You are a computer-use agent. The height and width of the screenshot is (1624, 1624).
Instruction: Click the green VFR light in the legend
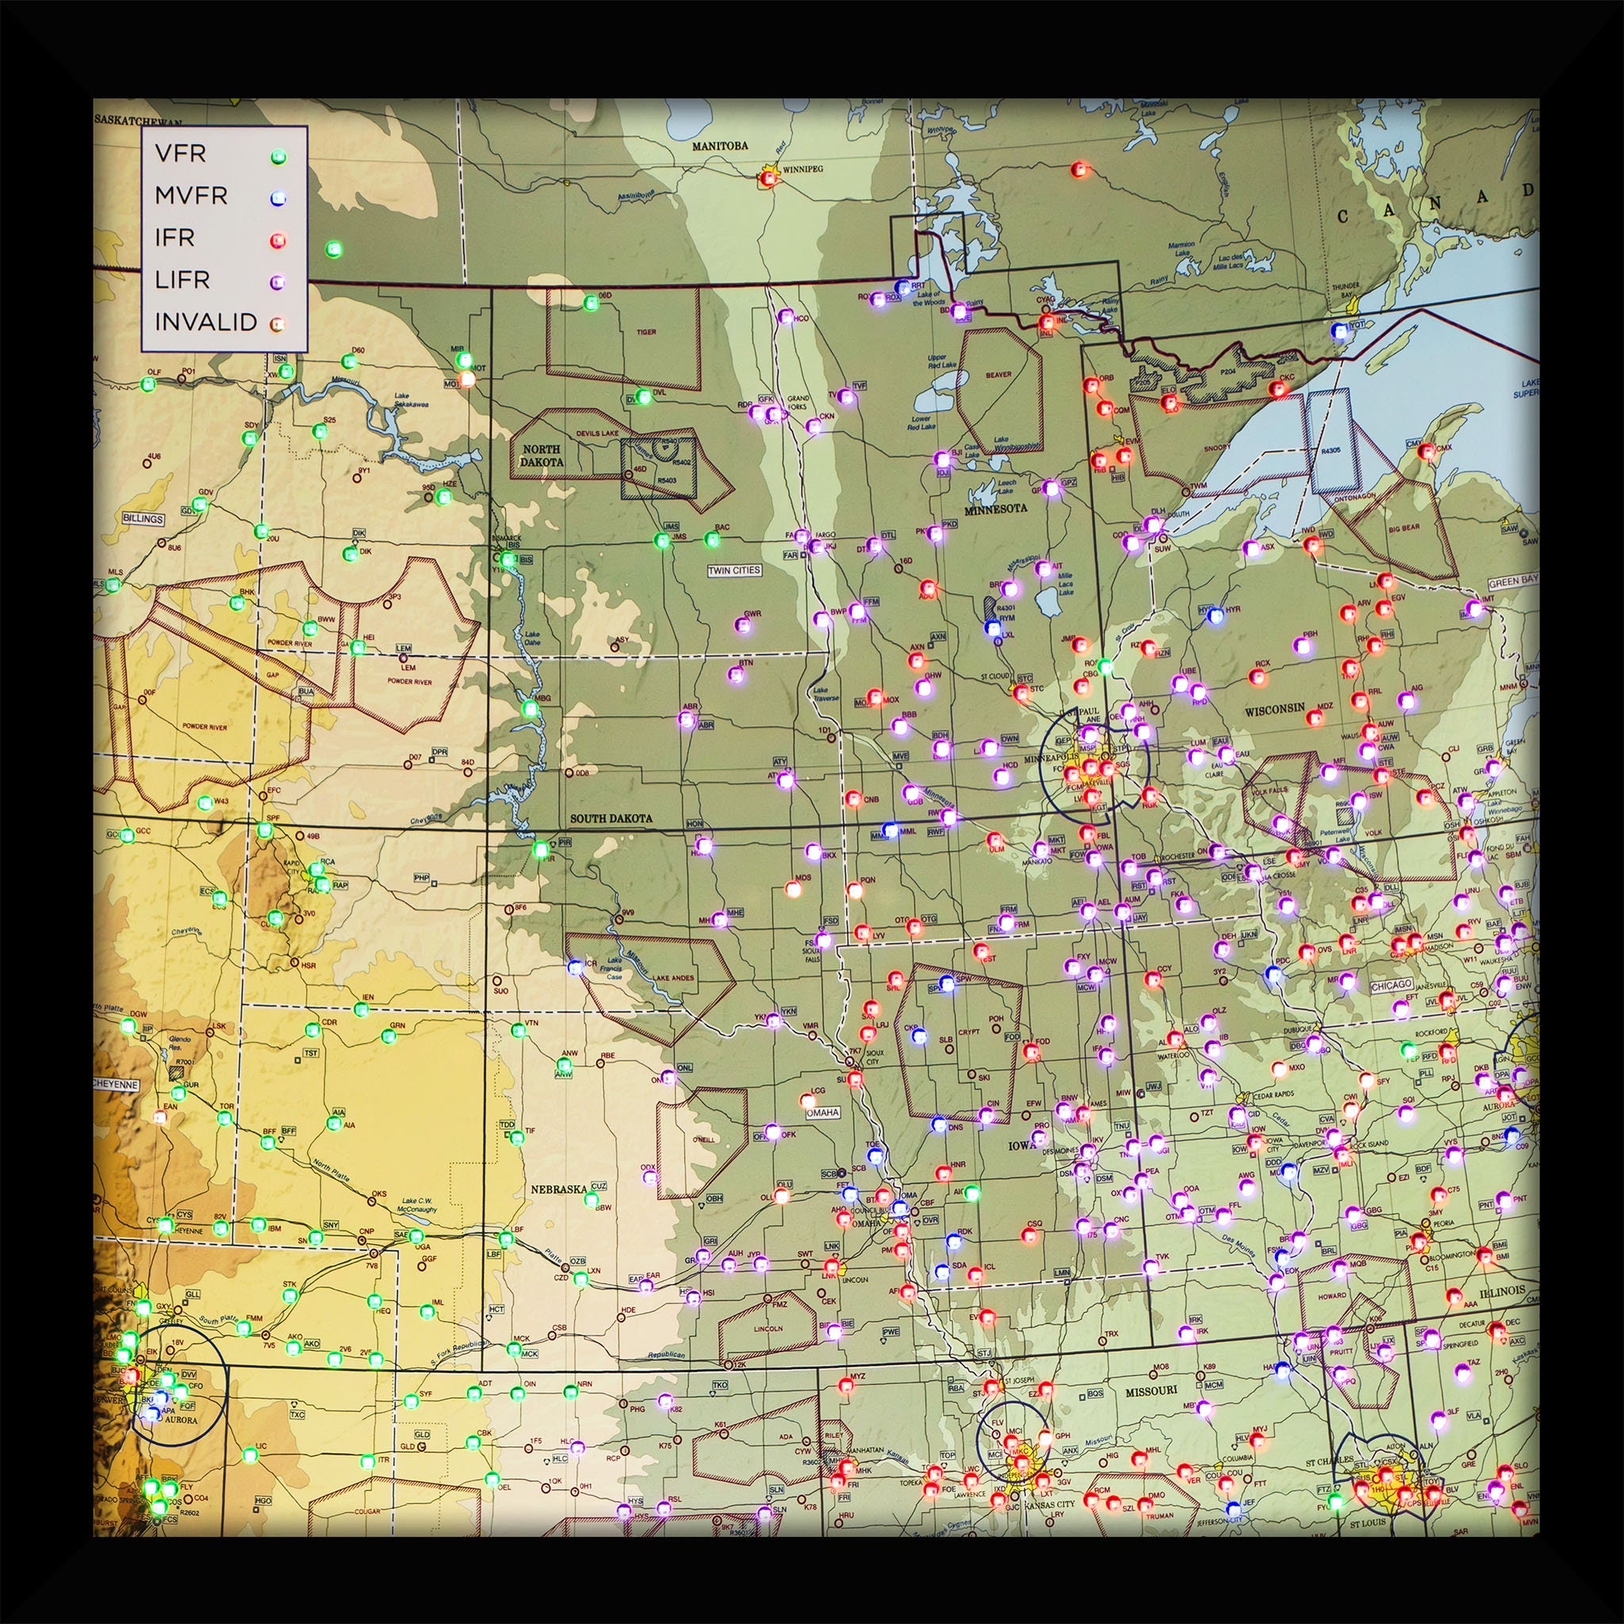click(x=278, y=157)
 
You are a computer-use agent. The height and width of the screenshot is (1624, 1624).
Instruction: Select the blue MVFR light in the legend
click(x=278, y=198)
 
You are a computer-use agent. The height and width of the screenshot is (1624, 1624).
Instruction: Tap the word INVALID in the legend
click(x=205, y=322)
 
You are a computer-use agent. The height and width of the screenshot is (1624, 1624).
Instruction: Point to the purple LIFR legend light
click(x=278, y=282)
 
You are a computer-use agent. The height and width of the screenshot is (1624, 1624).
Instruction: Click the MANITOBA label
click(x=719, y=145)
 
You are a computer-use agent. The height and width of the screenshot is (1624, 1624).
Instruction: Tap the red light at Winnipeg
click(x=768, y=178)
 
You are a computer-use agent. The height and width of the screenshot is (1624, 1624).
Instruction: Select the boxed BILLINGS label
click(x=143, y=519)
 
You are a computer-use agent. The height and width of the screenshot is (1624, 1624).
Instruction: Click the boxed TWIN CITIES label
click(x=733, y=570)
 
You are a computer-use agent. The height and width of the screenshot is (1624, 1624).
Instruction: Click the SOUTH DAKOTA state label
click(x=611, y=818)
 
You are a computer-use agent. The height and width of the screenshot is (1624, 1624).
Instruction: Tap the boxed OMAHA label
click(x=822, y=1112)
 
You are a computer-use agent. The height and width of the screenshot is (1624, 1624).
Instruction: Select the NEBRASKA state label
click(x=558, y=1189)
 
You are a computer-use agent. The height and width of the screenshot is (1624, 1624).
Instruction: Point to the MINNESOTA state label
click(x=995, y=509)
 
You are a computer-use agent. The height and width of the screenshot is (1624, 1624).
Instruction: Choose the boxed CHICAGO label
click(x=1390, y=984)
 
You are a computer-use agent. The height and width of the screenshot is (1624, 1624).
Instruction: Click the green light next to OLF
click(x=149, y=384)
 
